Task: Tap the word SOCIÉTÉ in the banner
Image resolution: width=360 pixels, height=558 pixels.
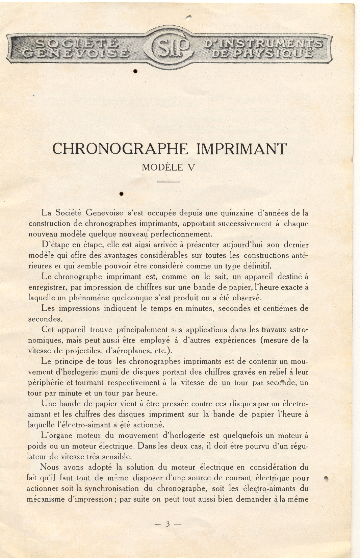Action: (77, 44)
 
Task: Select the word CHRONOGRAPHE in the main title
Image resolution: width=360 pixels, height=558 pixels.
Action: (120, 149)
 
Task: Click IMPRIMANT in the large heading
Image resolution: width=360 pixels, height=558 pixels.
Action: (241, 149)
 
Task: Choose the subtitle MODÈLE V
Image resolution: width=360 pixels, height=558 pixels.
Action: (169, 167)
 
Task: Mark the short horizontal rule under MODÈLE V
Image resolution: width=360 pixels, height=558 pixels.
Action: (169, 182)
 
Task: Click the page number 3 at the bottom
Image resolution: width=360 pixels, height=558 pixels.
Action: (168, 524)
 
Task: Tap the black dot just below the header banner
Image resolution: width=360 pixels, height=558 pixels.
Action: (135, 71)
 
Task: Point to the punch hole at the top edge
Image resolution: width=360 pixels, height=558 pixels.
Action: (189, 16)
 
